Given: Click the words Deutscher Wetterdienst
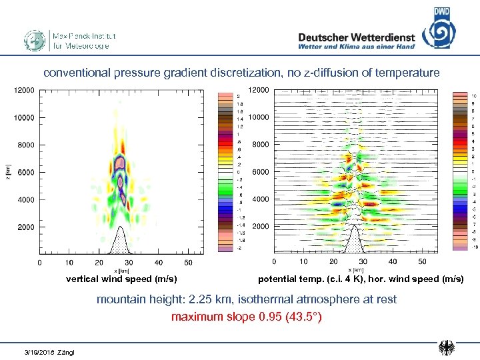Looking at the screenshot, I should point(356,37).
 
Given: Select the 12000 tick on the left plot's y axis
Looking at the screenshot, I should point(25,90).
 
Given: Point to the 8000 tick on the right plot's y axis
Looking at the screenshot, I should point(260,145).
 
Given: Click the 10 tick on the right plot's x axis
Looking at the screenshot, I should point(303,262).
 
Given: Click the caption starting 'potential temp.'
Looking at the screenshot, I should point(361,279).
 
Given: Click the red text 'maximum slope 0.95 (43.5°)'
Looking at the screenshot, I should point(246,317).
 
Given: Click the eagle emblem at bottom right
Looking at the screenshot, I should point(447,347).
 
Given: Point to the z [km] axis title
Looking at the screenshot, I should point(8,172).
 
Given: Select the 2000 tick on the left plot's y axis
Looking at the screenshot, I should point(26,227).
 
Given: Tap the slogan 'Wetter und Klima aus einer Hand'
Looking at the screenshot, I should point(356,47).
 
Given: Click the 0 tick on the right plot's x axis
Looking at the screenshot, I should point(274,262).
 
